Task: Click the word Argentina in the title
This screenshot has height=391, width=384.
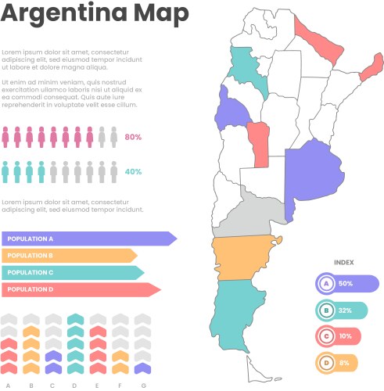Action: (64, 14)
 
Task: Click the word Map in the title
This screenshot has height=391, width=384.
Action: (160, 14)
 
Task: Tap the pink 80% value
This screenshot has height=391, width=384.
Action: (133, 138)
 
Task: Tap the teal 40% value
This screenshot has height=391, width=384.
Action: (133, 171)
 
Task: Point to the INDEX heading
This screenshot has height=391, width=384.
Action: (344, 263)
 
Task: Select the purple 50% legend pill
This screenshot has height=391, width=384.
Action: (347, 283)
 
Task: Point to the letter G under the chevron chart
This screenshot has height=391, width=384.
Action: (142, 385)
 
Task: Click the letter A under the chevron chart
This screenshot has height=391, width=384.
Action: (8, 385)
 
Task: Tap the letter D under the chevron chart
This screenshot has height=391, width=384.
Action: (74, 385)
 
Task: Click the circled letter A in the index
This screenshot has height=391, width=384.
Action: (327, 283)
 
